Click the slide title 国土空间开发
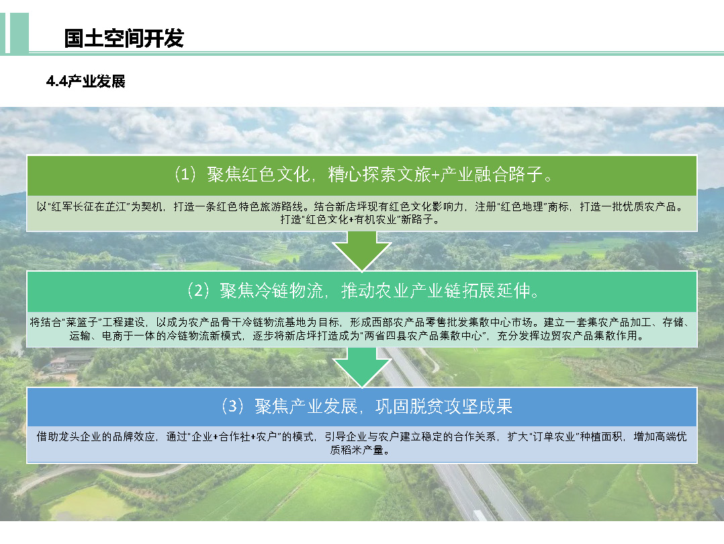(x=124, y=38)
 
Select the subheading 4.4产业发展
(x=85, y=81)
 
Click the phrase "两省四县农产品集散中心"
(x=423, y=336)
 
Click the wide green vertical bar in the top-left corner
(x=19, y=33)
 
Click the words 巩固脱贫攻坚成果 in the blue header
(x=444, y=407)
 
